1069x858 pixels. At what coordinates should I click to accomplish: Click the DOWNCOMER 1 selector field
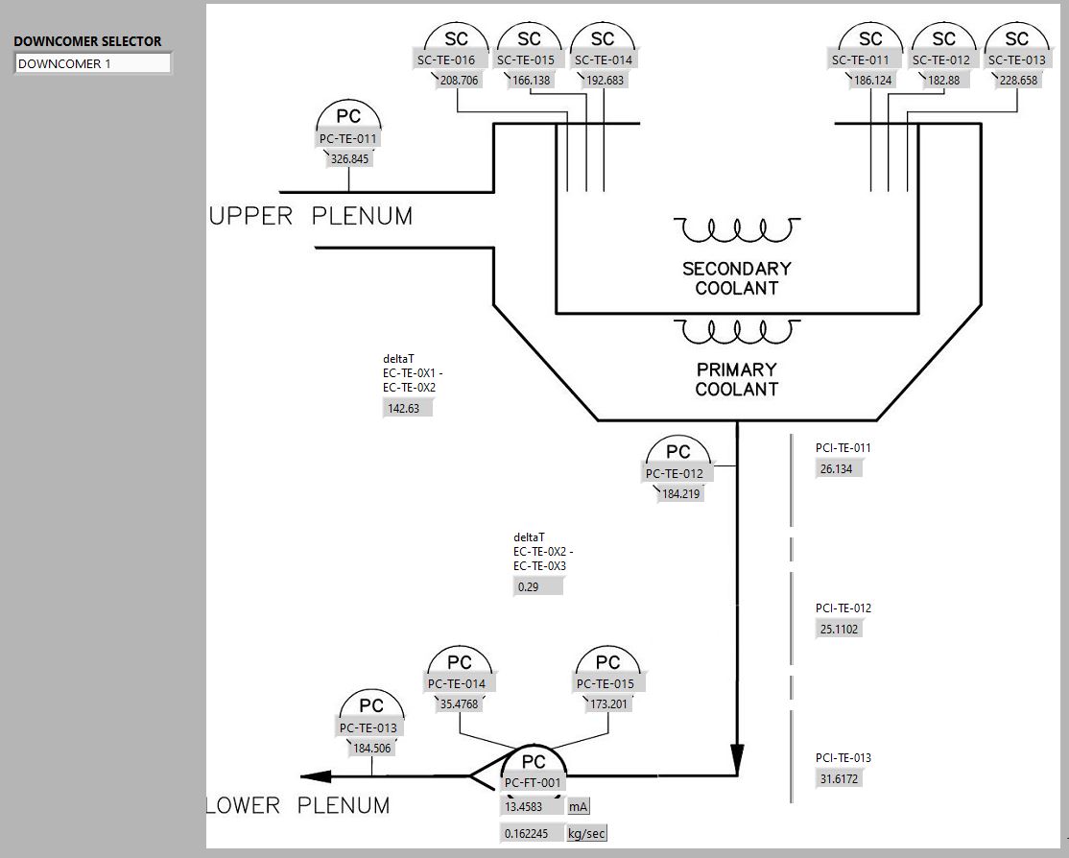[x=92, y=64]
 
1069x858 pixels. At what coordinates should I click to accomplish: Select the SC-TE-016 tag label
[x=445, y=60]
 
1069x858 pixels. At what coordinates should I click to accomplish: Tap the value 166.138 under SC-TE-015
[x=532, y=81]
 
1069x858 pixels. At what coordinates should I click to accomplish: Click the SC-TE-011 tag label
[x=860, y=60]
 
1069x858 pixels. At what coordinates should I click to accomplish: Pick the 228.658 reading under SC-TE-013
[x=1018, y=81]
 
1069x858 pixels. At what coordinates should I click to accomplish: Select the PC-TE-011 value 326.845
[x=349, y=159]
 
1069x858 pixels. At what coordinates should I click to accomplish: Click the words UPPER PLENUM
[x=311, y=217]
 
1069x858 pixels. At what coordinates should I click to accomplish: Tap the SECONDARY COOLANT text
[x=736, y=278]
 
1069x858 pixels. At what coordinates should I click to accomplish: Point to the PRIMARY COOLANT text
[x=736, y=379]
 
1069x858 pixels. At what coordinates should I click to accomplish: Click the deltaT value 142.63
[x=407, y=408]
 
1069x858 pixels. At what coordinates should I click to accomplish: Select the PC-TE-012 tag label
[x=674, y=474]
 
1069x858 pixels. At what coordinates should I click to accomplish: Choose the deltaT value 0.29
[x=537, y=586]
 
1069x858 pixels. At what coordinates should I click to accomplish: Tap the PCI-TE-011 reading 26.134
[x=839, y=469]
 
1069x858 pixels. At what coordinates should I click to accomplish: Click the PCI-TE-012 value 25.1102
[x=839, y=630]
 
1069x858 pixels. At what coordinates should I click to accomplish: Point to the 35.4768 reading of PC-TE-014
[x=459, y=703]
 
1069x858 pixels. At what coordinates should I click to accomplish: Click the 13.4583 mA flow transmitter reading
[x=531, y=807]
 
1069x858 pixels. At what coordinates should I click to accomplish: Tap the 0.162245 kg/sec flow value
[x=530, y=834]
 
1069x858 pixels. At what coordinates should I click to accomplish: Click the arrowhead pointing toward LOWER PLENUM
[x=316, y=776]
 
